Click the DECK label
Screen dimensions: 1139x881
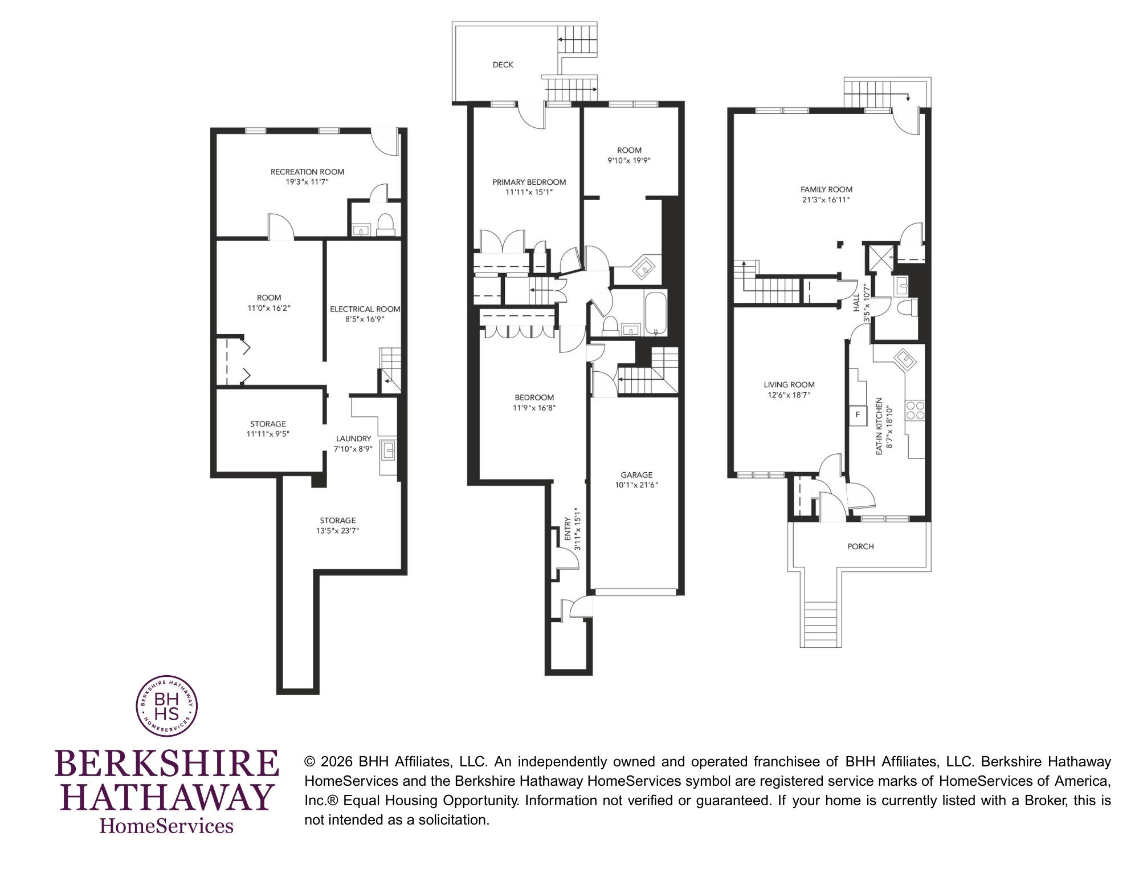(503, 65)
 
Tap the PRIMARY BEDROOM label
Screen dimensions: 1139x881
(529, 182)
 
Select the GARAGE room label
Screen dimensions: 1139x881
(636, 475)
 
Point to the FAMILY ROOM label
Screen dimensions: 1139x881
(826, 190)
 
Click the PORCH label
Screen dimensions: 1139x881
(860, 546)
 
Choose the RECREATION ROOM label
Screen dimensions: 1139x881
(307, 172)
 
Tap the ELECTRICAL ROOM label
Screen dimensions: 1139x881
(365, 309)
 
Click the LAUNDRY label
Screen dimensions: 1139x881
(353, 439)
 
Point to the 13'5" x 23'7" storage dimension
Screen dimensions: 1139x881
(338, 531)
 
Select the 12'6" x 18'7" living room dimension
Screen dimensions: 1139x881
(789, 395)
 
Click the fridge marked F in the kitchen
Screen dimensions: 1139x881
(857, 415)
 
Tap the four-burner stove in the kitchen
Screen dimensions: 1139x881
(915, 411)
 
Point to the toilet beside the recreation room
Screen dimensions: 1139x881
(386, 225)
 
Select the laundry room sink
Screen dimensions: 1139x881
(389, 450)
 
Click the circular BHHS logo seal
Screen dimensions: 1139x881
(166, 707)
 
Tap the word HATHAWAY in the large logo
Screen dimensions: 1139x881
(166, 797)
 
